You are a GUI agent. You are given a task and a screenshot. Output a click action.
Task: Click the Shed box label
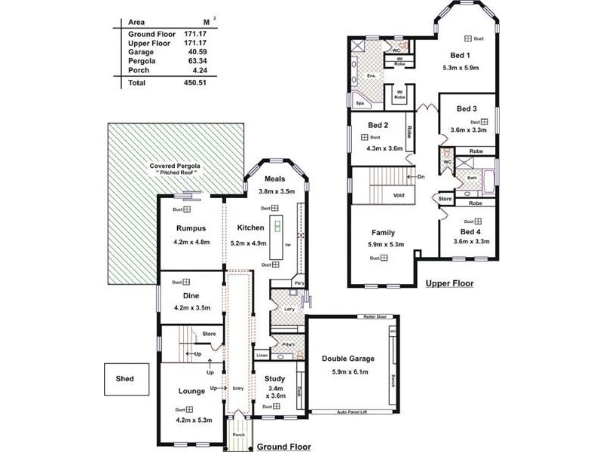[124, 379]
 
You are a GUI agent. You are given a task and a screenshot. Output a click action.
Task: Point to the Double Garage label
[348, 359]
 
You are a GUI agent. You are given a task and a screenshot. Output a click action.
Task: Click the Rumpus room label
[191, 228]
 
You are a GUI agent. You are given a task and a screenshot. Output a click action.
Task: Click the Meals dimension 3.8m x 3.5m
[283, 192]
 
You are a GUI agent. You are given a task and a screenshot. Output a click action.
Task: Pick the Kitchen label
[251, 228]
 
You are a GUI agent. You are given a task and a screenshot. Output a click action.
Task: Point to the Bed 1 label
[461, 55]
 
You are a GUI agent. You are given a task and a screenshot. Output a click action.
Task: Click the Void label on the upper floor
[398, 195]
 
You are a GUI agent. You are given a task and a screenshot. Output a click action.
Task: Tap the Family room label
[383, 233]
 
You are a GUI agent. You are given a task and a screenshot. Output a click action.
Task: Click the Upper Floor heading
[449, 283]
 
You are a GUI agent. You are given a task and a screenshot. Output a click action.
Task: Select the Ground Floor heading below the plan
[283, 446]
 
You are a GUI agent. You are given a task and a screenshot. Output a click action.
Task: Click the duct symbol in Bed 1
[467, 38]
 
